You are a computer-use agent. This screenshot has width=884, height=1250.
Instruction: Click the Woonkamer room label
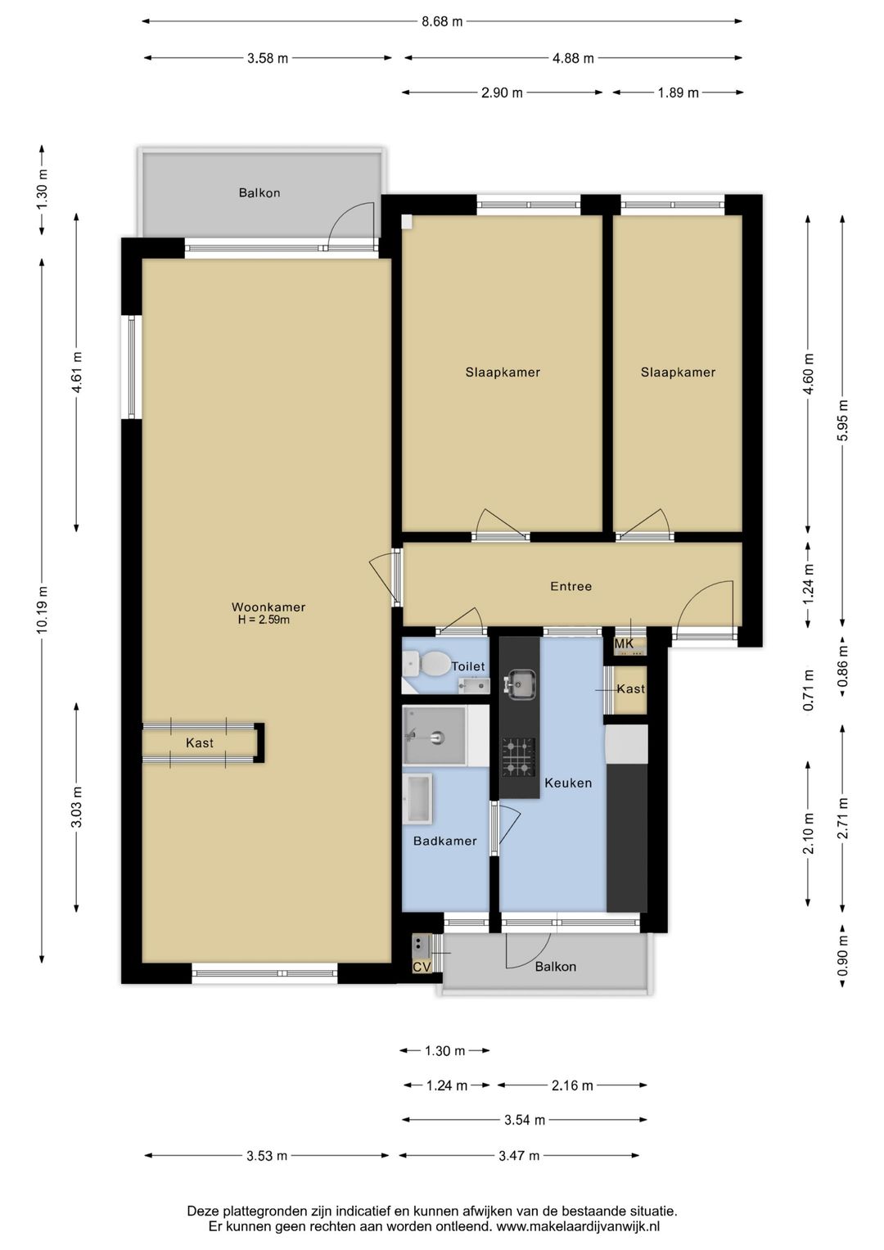point(268,607)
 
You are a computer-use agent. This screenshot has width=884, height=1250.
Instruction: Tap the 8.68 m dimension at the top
point(442,22)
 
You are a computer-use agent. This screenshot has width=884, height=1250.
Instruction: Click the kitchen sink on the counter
point(520,684)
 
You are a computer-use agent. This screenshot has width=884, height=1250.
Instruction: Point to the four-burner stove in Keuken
point(519,756)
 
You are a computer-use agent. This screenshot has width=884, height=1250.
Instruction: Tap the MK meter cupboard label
point(624,644)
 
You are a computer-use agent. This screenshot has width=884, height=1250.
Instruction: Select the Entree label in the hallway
point(571,586)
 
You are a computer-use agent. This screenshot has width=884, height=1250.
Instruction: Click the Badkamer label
point(444,841)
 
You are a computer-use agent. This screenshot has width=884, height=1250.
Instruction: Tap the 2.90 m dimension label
point(502,93)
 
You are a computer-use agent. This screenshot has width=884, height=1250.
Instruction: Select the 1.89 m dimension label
point(678,93)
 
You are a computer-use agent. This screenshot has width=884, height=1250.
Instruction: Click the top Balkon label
point(259,193)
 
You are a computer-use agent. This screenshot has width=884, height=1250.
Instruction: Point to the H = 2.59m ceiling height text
point(264,620)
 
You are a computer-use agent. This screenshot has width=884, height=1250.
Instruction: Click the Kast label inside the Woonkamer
point(200,742)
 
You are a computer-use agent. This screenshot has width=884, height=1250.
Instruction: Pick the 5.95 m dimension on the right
point(843,420)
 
